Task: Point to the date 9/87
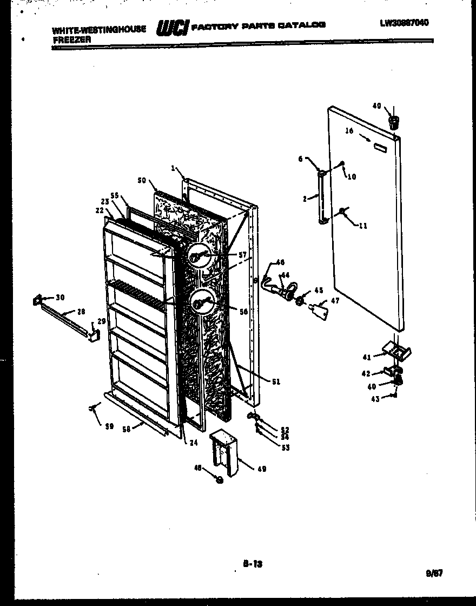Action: point(434,574)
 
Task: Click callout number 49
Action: point(261,469)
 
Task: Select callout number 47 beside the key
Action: point(335,301)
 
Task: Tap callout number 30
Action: point(59,297)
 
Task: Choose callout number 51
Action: point(276,381)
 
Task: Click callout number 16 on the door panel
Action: point(349,131)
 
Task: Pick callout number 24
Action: point(193,443)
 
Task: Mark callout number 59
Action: point(109,426)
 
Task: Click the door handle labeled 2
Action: point(323,197)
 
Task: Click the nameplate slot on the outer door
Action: point(380,147)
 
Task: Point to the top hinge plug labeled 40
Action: point(394,120)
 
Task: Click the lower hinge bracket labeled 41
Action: point(398,351)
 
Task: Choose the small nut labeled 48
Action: point(219,479)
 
